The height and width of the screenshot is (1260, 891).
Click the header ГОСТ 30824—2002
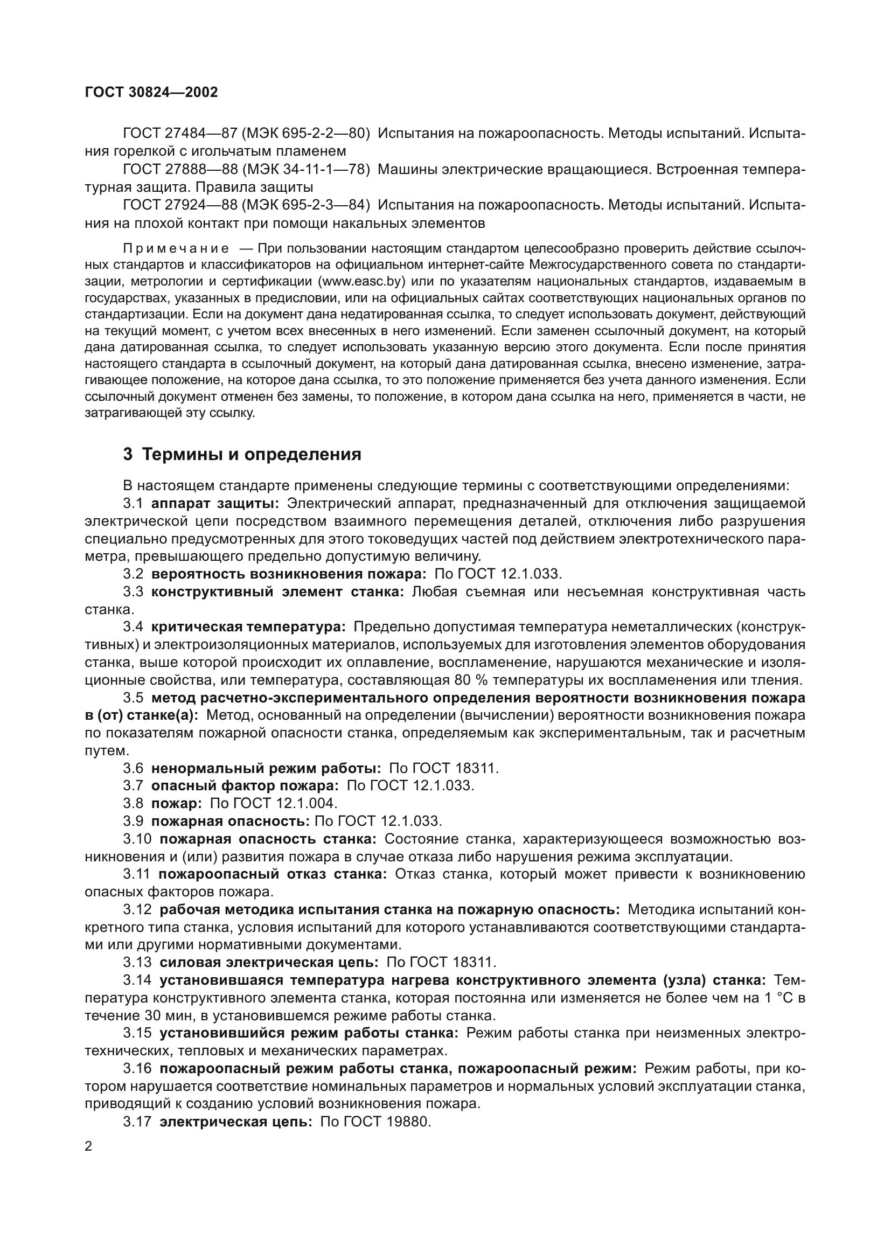(x=151, y=92)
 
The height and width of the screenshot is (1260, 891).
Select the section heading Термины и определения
(x=251, y=455)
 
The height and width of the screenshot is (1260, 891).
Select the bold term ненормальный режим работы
(x=266, y=768)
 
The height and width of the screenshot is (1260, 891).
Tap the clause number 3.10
(x=137, y=839)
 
